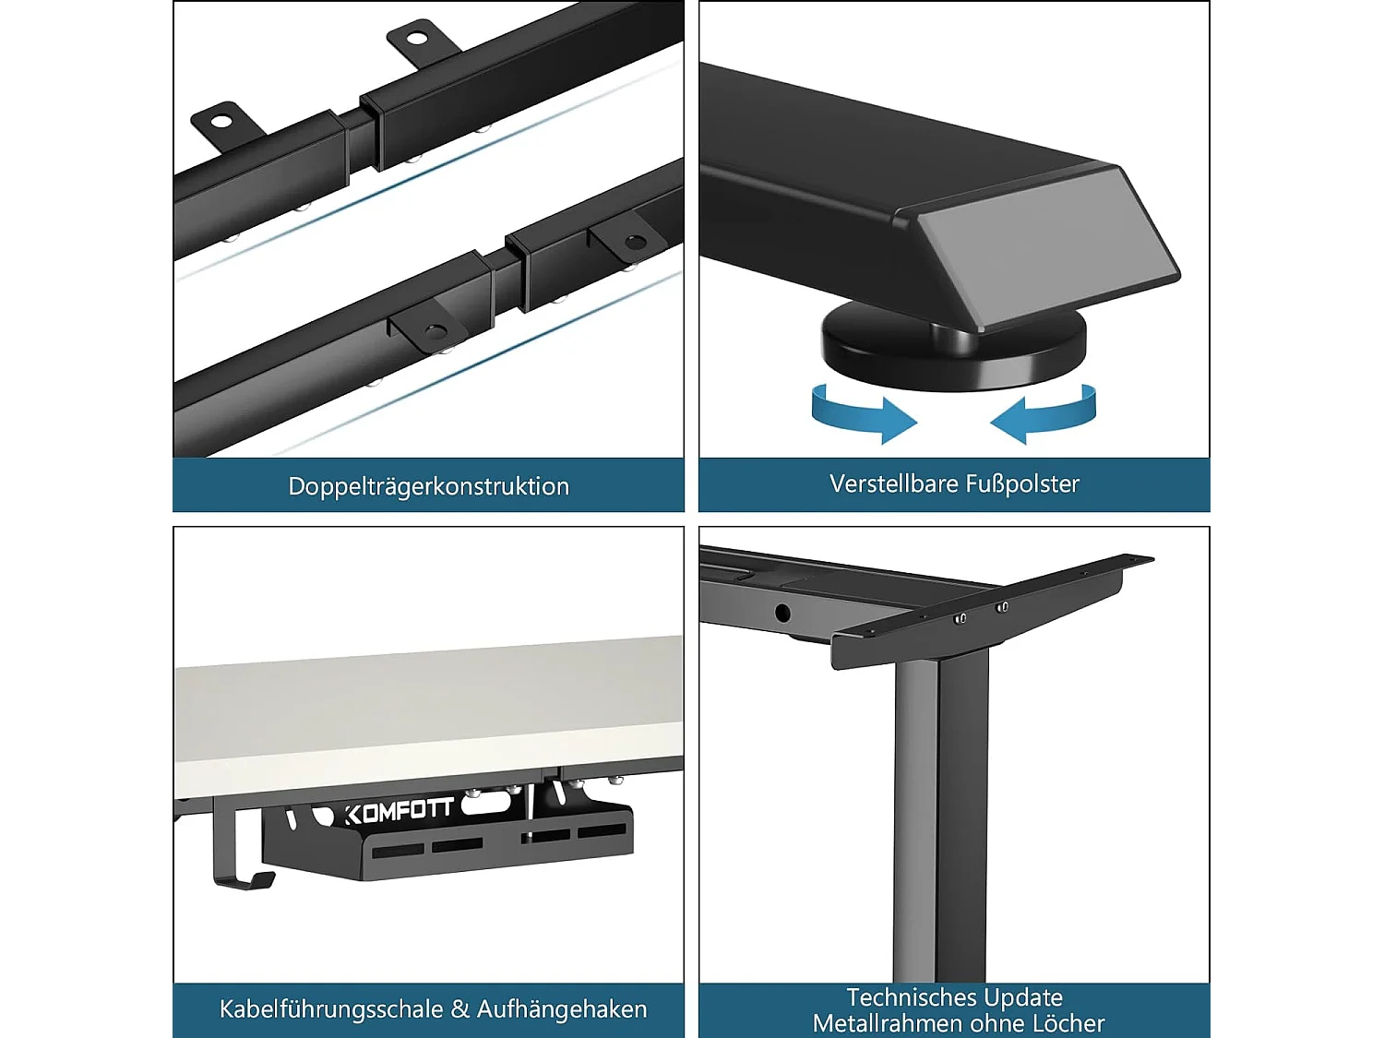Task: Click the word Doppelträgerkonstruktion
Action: (x=429, y=486)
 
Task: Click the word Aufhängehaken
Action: (x=562, y=1009)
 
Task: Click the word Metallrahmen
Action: (x=889, y=1023)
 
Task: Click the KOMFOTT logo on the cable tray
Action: (x=400, y=812)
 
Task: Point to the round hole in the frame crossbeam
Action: (x=782, y=613)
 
